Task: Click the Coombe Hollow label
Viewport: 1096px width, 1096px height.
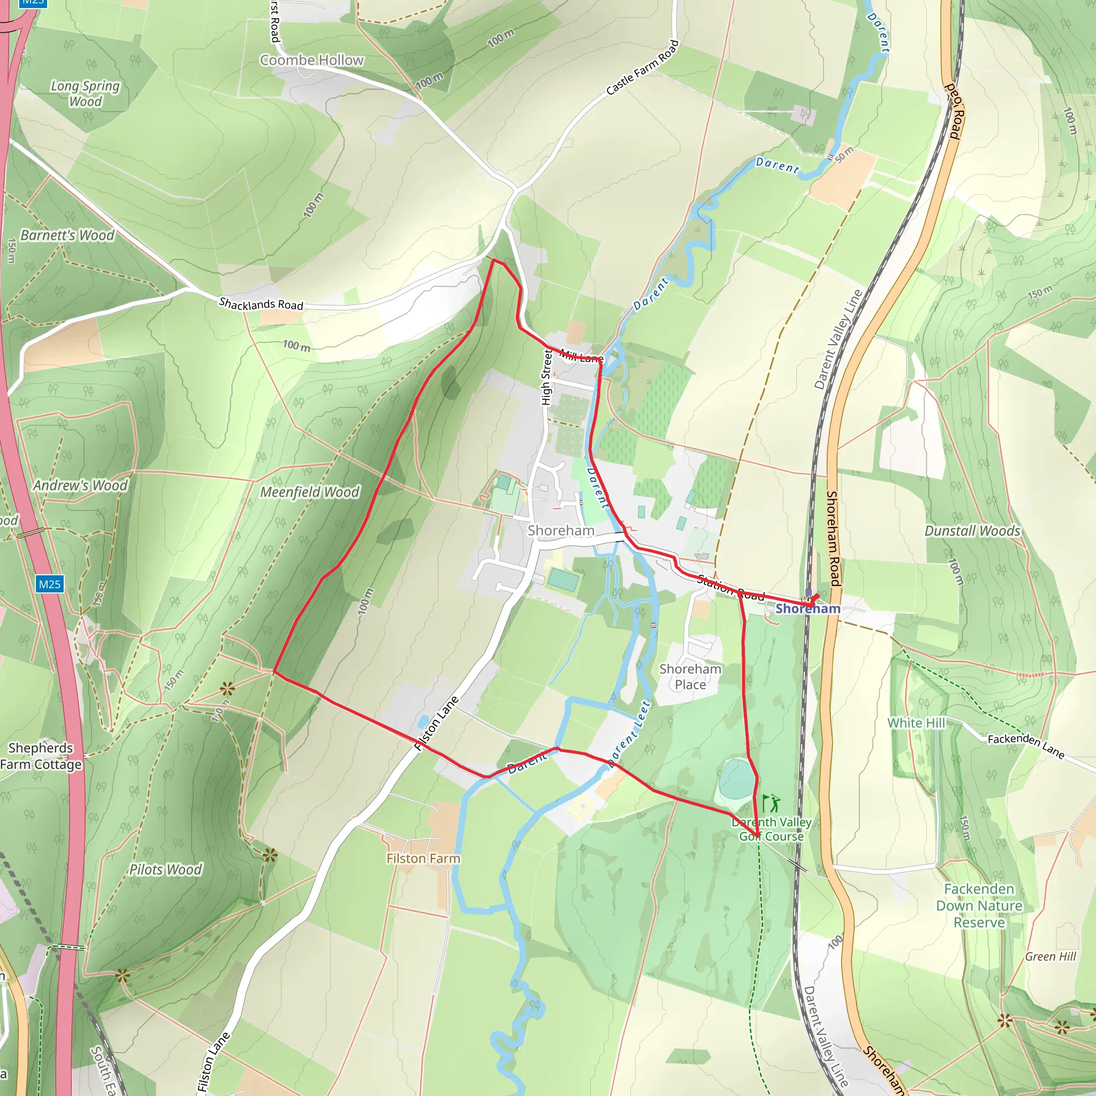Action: pos(311,60)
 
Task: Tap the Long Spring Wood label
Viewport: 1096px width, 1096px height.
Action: pos(85,94)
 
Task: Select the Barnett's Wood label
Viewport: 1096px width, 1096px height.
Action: pos(67,235)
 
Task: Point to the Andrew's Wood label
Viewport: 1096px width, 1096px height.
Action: pos(80,485)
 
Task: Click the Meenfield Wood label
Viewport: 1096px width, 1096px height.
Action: pos(310,492)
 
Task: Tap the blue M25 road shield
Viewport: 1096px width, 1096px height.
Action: pos(49,584)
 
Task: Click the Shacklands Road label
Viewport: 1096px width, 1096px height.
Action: pos(261,304)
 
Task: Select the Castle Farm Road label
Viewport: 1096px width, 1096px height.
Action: pos(642,67)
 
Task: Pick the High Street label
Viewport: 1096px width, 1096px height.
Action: pos(547,377)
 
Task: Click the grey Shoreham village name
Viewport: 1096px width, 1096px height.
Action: pos(560,530)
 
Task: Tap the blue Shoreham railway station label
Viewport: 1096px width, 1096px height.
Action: pos(808,608)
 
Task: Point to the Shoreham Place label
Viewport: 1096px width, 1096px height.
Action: pos(690,677)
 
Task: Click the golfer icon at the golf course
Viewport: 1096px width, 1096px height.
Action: pos(771,803)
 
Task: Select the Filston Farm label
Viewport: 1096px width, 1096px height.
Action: pos(423,859)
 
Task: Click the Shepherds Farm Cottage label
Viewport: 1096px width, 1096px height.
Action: pos(41,756)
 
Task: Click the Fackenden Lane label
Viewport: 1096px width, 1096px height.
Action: pos(1026,746)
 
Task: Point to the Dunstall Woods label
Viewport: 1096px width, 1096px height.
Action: pos(972,531)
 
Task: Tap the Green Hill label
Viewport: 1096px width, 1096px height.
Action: pos(1050,956)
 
